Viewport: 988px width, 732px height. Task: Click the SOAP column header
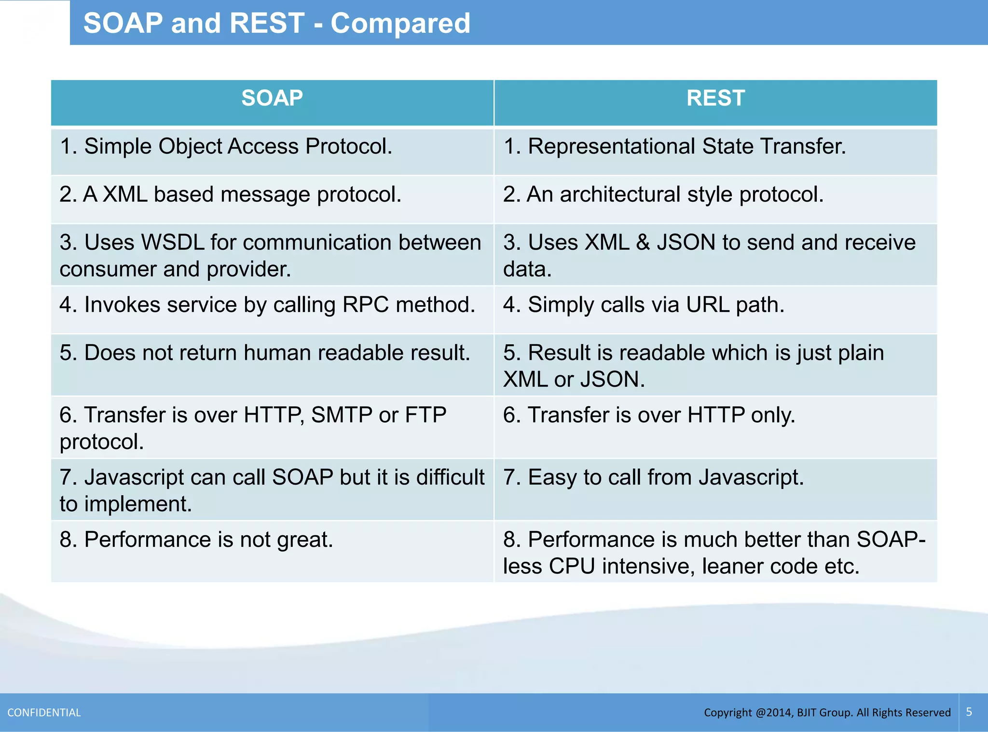click(272, 98)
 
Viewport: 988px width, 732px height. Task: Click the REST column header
click(715, 98)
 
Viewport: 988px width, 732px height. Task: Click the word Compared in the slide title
click(400, 23)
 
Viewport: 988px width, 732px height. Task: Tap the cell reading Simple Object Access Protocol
click(226, 147)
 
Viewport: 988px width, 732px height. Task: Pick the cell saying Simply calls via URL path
click(644, 305)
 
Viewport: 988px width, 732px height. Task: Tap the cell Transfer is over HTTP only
click(649, 415)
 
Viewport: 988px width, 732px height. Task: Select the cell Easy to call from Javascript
click(653, 477)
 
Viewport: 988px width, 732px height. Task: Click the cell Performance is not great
click(196, 540)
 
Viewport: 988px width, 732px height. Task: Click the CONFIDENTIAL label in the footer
click(44, 713)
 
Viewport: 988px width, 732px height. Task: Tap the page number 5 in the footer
click(969, 712)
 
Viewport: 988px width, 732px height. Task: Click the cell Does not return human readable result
click(265, 353)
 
